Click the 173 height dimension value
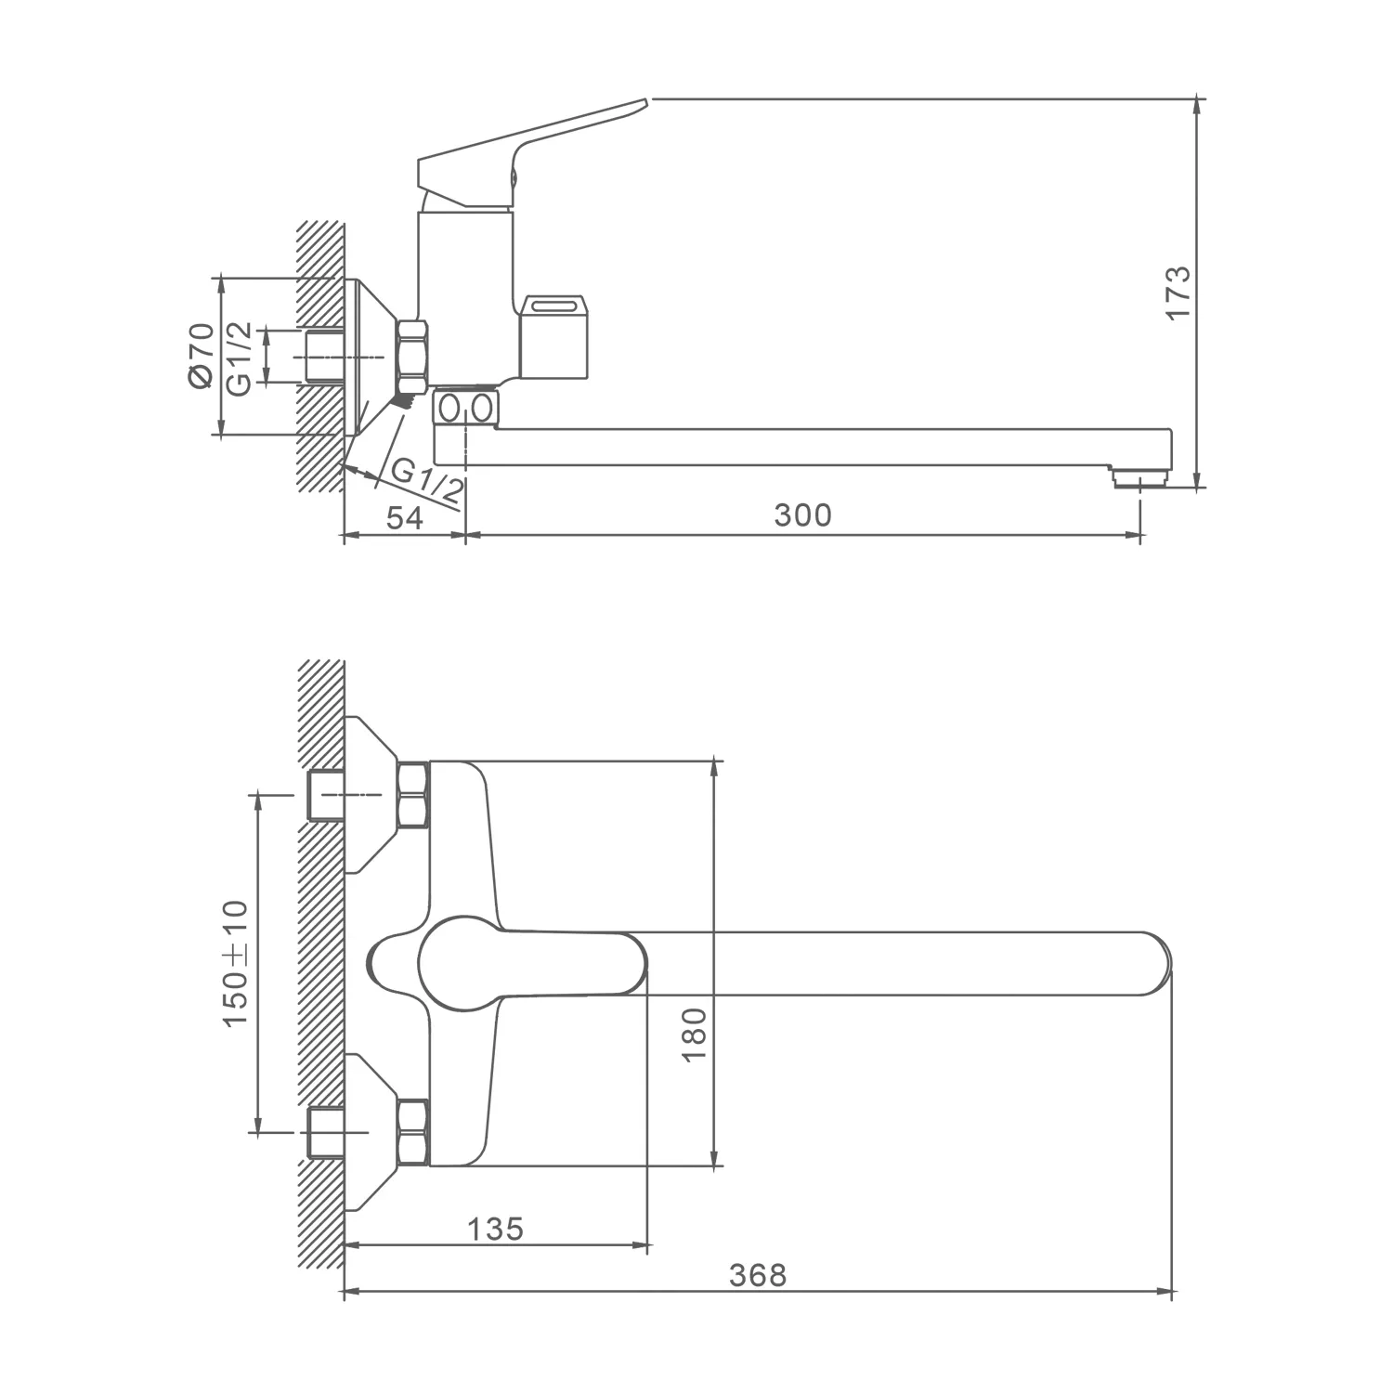coord(1178,293)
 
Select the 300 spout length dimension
coord(803,515)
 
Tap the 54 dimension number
coord(405,518)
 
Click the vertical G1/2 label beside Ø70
coord(239,358)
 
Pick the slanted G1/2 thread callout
coord(426,482)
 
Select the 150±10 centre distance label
coord(236,963)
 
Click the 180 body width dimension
coord(695,1035)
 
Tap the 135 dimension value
coord(495,1229)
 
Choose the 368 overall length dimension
coord(758,1275)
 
